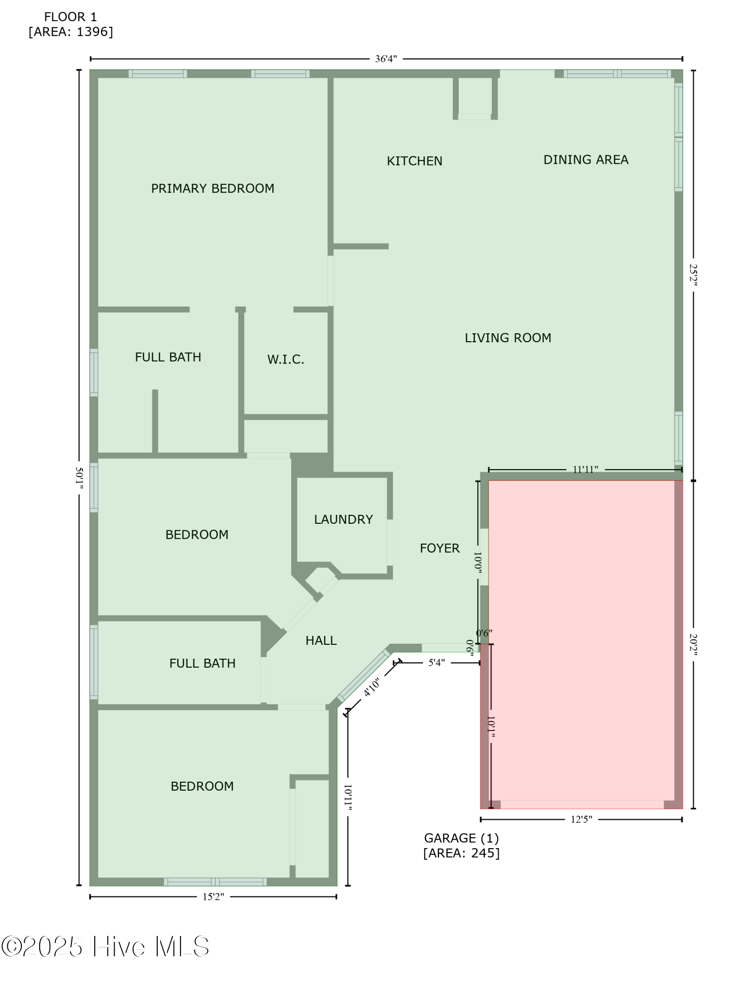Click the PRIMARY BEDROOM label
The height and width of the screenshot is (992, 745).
point(212,188)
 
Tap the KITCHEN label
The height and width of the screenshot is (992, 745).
point(414,161)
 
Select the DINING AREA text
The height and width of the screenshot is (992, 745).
point(585,160)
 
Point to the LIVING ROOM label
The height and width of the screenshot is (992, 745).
point(507,338)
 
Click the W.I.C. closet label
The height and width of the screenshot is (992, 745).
point(285,360)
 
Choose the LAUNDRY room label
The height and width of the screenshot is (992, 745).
point(343,519)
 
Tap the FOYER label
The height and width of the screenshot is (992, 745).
point(439,548)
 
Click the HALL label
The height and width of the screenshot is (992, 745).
point(321,640)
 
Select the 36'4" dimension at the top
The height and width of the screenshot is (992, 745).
point(385,59)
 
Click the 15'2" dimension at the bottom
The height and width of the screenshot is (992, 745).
point(213,896)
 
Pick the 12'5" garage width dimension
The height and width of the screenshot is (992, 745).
point(581,819)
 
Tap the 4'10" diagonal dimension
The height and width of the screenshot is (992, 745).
point(372,687)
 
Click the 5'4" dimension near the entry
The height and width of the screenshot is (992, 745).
point(436,663)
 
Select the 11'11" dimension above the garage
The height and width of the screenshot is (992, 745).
point(585,469)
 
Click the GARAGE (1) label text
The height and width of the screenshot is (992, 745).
point(461,838)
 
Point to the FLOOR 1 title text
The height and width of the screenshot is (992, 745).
point(70,17)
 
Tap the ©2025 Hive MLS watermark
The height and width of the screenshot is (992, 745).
point(105,946)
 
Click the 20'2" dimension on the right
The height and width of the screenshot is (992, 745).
point(693,644)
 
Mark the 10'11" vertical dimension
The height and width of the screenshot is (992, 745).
point(348,798)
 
